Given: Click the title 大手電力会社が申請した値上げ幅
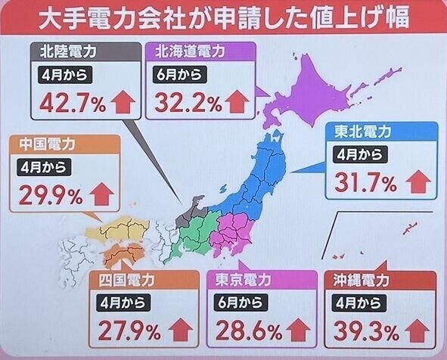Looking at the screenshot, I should pyautogui.click(x=223, y=18).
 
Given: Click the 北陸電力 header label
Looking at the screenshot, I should pyautogui.click(x=68, y=52).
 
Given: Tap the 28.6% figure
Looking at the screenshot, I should pyautogui.click(x=241, y=331).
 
